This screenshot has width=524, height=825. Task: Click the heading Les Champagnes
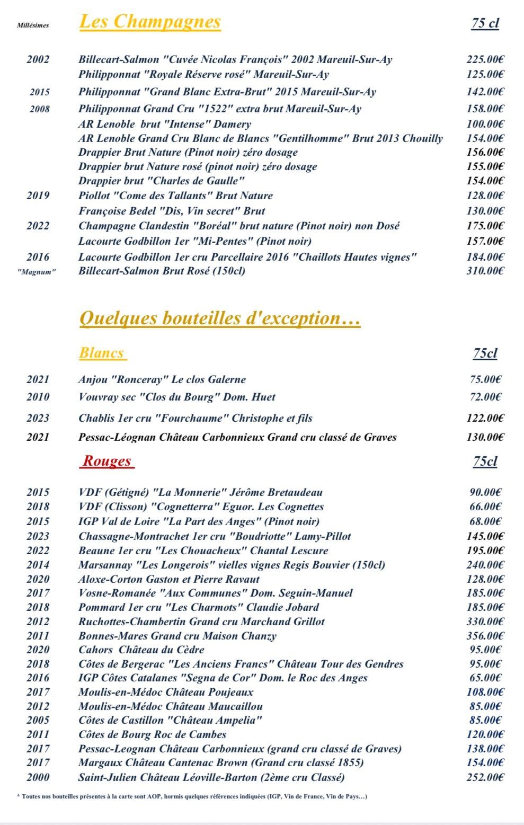(x=149, y=22)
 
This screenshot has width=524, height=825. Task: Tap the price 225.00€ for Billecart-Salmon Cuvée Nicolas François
(x=485, y=59)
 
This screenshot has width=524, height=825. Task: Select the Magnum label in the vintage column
(x=37, y=272)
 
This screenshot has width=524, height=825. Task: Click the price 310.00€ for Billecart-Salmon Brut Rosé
(x=485, y=271)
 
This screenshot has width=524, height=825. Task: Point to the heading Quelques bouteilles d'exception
(x=220, y=318)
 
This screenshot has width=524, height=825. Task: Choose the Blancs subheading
(x=102, y=353)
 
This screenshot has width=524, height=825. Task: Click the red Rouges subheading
(x=107, y=460)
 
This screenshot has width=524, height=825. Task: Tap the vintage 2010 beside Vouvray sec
(x=38, y=397)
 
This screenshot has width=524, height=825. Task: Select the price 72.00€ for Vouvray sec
(x=486, y=397)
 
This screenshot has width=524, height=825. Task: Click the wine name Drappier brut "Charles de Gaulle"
(x=162, y=181)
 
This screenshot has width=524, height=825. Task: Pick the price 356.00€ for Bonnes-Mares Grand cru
(x=485, y=635)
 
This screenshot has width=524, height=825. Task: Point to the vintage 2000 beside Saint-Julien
(x=38, y=777)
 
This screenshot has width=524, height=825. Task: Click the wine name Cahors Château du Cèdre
(x=141, y=650)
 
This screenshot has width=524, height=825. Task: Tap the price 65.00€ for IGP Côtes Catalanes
(x=486, y=678)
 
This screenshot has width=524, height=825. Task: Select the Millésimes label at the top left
(x=33, y=25)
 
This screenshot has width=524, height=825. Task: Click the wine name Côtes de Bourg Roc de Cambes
(x=152, y=734)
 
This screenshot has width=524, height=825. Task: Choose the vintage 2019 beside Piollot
(x=38, y=196)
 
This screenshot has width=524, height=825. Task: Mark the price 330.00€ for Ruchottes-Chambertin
(x=485, y=621)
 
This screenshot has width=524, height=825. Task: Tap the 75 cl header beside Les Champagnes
(x=485, y=23)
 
